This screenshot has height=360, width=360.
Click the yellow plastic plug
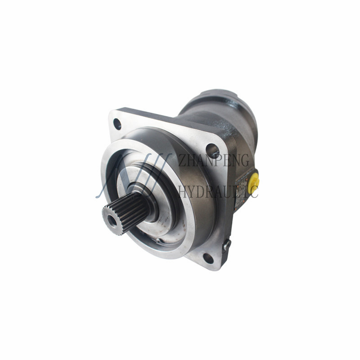click(253, 179)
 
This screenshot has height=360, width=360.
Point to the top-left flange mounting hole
click(117, 124)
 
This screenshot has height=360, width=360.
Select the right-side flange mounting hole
click(212, 150)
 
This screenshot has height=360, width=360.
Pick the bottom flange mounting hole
click(208, 258)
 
